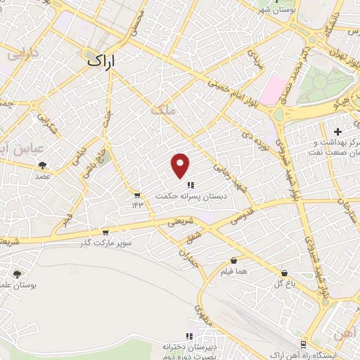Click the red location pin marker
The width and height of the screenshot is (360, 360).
point(181,165)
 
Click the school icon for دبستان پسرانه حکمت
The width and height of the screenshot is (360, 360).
point(191,185)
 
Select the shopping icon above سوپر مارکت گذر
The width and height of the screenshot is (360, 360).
point(105,231)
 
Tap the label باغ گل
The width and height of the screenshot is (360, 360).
point(283,283)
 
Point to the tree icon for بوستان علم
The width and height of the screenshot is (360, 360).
point(16,274)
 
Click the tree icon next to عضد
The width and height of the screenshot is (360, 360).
point(44,165)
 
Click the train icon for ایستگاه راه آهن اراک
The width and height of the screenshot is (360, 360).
point(303,345)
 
